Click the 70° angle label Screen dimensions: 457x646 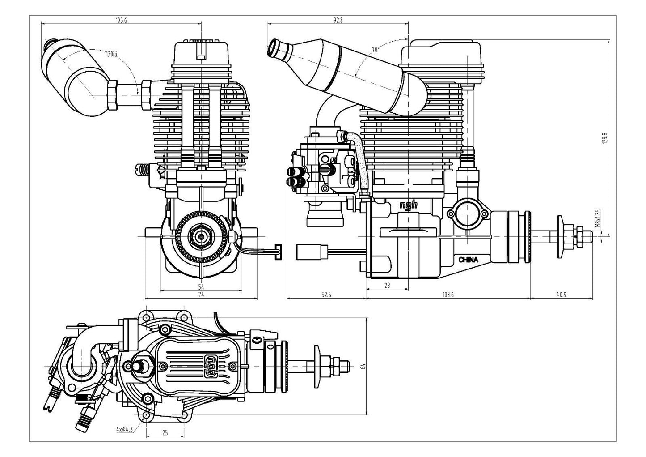tap(375, 50)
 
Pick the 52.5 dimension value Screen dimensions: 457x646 tap(326, 294)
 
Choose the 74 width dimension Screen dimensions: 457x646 tap(201, 294)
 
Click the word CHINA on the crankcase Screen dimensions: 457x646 tap(468, 260)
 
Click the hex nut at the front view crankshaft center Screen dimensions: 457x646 tap(202, 235)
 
